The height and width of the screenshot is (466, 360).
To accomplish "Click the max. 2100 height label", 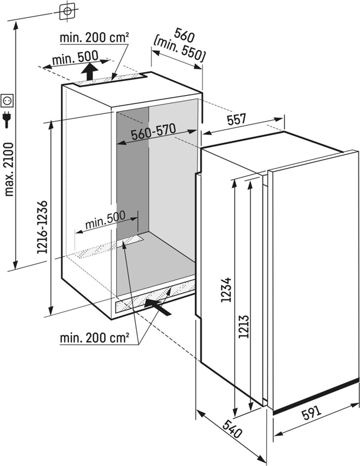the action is [x=10, y=170].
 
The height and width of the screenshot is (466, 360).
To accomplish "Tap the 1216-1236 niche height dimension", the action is [x=42, y=228].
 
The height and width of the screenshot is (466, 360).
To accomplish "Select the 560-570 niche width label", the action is [x=154, y=132].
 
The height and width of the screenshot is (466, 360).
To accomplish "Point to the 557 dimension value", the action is [x=237, y=120].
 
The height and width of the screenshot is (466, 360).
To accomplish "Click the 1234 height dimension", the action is [x=226, y=290].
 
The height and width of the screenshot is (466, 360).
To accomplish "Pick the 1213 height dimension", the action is [x=244, y=326].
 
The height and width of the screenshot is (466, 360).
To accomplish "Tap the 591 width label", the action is [x=312, y=413].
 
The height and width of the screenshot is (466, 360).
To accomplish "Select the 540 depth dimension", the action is [x=232, y=429].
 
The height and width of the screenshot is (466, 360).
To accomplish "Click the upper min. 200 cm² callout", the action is [x=94, y=38].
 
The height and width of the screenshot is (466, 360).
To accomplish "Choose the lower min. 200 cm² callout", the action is [x=94, y=338].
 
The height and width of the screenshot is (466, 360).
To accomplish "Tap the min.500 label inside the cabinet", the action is [x=105, y=220].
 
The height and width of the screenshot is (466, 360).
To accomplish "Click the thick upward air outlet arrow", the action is [x=90, y=71].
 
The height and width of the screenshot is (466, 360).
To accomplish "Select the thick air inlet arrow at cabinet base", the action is [x=158, y=307].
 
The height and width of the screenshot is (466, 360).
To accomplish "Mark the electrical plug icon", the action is [x=6, y=119].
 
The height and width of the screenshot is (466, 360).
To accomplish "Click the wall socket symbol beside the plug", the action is [x=7, y=100].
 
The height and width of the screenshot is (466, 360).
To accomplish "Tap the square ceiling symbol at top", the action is [x=67, y=11].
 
